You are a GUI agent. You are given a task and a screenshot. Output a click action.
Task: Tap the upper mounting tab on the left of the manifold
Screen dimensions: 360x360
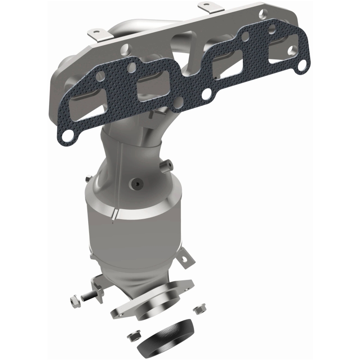click(94, 34)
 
